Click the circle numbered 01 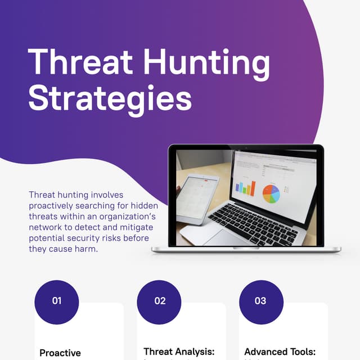coord(57,301)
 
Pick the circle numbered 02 coord(160,301)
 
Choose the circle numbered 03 coord(261,301)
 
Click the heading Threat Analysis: coord(179,352)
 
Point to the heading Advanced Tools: coord(280,352)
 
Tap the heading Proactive coord(60,353)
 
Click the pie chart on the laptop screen coord(271,193)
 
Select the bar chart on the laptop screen coord(245,188)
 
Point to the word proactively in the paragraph coord(53,205)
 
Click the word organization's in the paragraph coord(128,216)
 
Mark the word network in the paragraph coord(45,227)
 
